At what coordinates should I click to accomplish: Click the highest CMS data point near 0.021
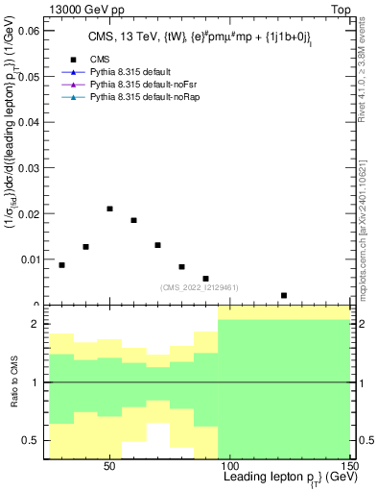(110, 209)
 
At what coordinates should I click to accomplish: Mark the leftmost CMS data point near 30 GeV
(62, 265)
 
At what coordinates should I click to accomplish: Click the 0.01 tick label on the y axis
(29, 258)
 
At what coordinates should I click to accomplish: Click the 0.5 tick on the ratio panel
(34, 441)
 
